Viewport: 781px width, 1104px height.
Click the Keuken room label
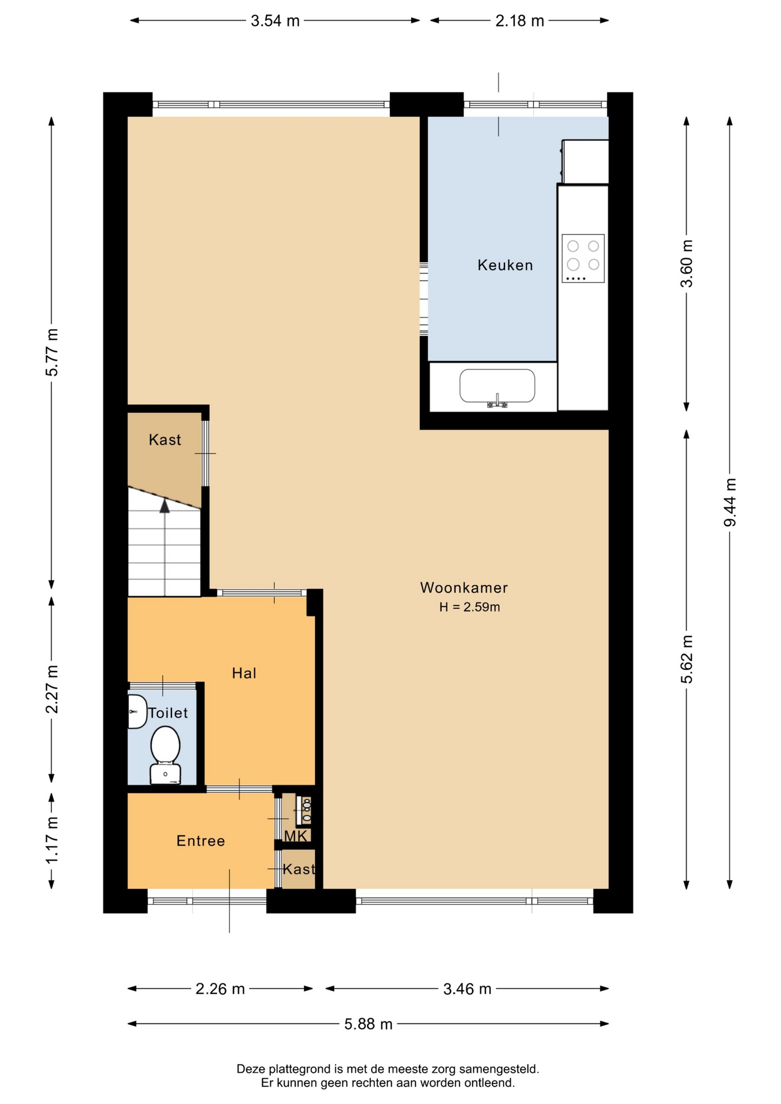[x=505, y=265]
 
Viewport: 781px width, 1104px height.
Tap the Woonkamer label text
[x=464, y=588]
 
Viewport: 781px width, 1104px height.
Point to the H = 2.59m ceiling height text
[x=469, y=607]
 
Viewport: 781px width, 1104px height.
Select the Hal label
[x=244, y=673]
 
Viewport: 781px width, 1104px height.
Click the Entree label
[x=200, y=841]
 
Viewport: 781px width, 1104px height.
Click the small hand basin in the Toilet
[x=137, y=711]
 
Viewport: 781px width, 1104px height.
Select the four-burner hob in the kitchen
[x=583, y=258]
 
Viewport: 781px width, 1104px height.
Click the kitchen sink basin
[x=497, y=386]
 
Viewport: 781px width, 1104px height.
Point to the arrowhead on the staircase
[x=165, y=505]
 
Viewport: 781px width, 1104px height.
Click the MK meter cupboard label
[x=296, y=836]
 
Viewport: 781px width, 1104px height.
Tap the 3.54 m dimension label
[x=275, y=21]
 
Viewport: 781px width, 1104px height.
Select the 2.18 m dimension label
[x=519, y=21]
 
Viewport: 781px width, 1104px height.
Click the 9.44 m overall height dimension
[x=730, y=502]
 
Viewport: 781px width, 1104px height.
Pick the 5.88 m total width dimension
[x=368, y=1024]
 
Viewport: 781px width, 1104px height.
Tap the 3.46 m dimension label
[x=467, y=989]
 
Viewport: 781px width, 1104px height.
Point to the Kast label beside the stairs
[x=164, y=440]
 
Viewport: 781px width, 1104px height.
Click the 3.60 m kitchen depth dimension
[x=687, y=263]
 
